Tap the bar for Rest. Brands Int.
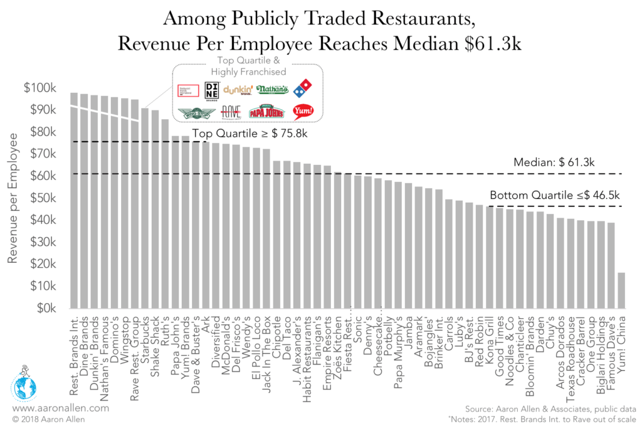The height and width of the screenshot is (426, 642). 73,201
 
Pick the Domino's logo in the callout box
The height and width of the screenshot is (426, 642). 303,90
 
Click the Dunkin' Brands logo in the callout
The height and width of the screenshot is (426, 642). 238,90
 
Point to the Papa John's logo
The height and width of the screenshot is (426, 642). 267,112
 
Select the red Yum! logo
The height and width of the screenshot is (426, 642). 303,112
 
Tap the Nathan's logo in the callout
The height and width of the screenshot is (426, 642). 272,90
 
